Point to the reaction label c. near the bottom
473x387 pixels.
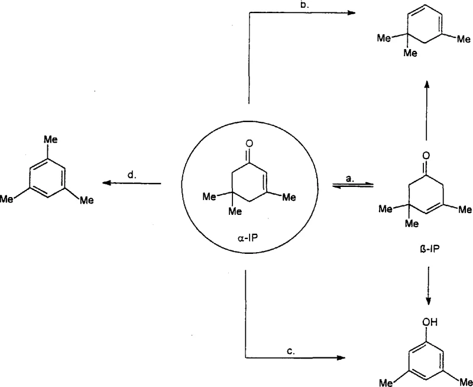[290, 351]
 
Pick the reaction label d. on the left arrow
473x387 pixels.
[132, 175]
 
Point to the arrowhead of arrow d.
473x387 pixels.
[106, 183]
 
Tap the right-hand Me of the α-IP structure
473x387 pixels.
[287, 197]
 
